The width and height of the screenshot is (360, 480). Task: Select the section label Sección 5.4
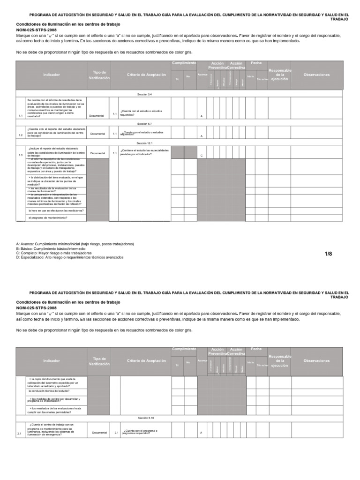(x=144, y=94)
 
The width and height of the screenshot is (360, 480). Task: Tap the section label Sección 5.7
(x=144, y=124)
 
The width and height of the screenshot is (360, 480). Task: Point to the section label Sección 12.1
(x=144, y=143)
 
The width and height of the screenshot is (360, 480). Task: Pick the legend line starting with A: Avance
(x=75, y=244)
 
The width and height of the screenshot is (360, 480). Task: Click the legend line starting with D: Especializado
(x=70, y=257)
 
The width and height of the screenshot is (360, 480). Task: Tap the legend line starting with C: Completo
(x=60, y=253)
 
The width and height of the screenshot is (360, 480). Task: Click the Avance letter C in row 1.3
(x=202, y=155)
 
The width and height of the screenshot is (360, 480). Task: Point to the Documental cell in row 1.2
(x=97, y=134)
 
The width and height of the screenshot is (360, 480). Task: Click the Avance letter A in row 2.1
(x=201, y=433)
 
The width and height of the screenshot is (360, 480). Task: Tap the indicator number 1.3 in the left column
(x=21, y=155)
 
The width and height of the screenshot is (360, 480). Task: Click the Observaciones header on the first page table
(x=316, y=75)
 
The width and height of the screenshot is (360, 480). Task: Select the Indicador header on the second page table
(x=52, y=361)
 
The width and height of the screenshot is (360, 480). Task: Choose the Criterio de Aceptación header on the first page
(x=146, y=75)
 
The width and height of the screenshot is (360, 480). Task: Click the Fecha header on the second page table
(x=256, y=349)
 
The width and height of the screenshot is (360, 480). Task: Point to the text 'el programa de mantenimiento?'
(x=48, y=218)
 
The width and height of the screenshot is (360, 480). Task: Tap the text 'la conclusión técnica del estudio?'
(x=49, y=390)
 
